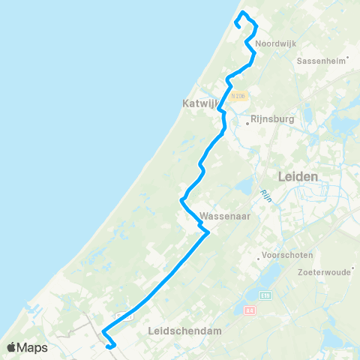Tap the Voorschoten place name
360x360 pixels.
[x=286, y=255]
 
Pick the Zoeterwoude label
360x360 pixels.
[x=325, y=272]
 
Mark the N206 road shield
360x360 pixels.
[x=239, y=95]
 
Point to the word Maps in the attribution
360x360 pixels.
[x=34, y=347]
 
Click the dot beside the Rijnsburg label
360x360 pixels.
[x=247, y=118]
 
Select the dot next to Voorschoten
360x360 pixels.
[x=259, y=259]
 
